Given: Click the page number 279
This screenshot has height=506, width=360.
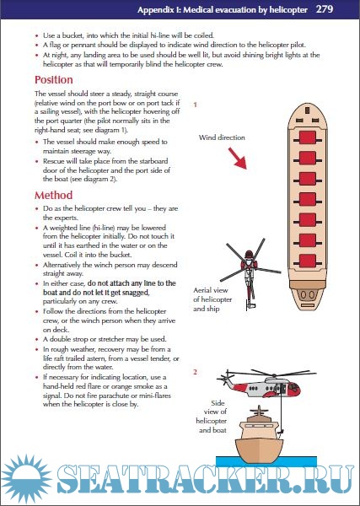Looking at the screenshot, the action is coord(325,9).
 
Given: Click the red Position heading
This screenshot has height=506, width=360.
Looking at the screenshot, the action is coord(54,80).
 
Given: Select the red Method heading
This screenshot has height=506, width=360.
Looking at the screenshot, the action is coord(54,196).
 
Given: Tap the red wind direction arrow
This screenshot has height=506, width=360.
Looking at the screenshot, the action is coord(238,159).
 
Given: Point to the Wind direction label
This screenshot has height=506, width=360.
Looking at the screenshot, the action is coord(222,137).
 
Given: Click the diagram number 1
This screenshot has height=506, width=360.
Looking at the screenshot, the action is coord(195,105).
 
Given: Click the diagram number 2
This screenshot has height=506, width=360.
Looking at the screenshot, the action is coord(195,372).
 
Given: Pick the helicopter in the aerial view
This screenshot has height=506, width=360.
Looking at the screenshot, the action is coord(249,272).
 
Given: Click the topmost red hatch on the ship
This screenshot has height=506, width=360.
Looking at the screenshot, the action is coord(308,137).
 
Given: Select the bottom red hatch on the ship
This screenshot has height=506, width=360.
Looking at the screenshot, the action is coord(308,261).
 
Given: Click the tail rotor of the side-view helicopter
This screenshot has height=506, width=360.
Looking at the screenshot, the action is coord(224,378).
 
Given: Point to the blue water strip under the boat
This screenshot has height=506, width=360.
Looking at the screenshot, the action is coord(266,461).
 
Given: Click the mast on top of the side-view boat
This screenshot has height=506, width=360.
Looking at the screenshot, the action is coord(259,411).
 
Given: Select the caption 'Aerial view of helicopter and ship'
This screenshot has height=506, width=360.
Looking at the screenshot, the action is coord(212,299).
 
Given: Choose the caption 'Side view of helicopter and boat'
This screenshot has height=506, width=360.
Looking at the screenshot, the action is coord(212,417).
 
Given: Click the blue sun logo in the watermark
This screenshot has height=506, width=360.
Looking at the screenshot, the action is coord(26,478).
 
